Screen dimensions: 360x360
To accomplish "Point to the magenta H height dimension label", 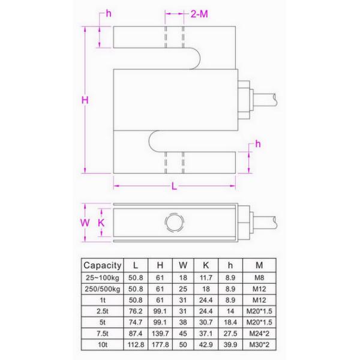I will pos(85,101).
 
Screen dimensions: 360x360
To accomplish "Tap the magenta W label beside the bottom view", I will pos(85,223).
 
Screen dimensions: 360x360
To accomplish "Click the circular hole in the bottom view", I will pos(174,223).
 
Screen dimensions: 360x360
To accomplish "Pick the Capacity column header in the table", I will pos(103,265).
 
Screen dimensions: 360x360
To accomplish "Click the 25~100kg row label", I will pos(103,277).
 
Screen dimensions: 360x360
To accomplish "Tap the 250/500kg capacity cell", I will pos(103,289).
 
